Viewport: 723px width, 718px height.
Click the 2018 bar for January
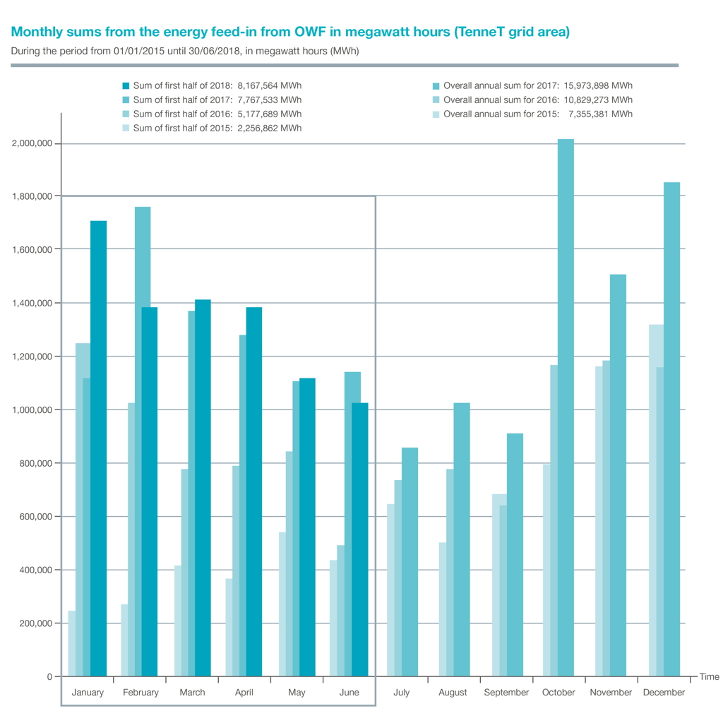(99, 448)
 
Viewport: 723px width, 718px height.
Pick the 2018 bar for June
(360, 539)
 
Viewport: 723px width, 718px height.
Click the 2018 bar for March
(203, 488)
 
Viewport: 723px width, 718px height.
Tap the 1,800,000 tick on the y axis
(32, 196)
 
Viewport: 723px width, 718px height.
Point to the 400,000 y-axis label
(32, 570)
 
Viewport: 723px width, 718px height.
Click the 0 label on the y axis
(49, 676)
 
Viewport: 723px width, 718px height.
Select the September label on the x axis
(506, 693)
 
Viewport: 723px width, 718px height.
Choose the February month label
(141, 693)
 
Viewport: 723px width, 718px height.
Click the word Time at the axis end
(709, 676)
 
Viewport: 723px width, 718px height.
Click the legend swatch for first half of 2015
(126, 128)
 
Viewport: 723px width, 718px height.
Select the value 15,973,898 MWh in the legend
(597, 85)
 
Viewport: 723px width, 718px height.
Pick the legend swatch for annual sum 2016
(436, 100)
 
